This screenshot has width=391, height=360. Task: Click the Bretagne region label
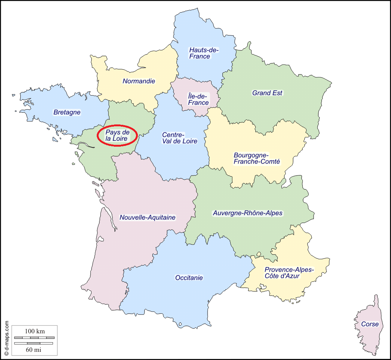pyautogui.click(x=67, y=112)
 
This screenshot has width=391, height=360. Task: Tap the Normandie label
pyautogui.click(x=139, y=81)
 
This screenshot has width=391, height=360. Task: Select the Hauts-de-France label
pyautogui.click(x=204, y=53)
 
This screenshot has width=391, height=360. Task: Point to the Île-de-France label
pyautogui.click(x=198, y=100)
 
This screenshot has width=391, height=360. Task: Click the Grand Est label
pyautogui.click(x=267, y=93)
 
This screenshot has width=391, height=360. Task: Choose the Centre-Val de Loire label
pyautogui.click(x=179, y=138)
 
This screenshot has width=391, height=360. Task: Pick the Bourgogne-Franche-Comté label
pyautogui.click(x=256, y=158)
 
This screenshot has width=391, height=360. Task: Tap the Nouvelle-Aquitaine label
pyautogui.click(x=148, y=217)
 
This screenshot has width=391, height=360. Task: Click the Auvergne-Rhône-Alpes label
pyautogui.click(x=248, y=213)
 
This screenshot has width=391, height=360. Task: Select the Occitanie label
pyautogui.click(x=189, y=277)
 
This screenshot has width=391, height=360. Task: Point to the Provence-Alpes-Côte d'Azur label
pyautogui.click(x=289, y=273)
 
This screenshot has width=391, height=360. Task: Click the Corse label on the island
pyautogui.click(x=370, y=324)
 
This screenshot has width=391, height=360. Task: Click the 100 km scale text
pyautogui.click(x=35, y=331)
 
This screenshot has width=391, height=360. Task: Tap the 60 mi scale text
pyautogui.click(x=34, y=349)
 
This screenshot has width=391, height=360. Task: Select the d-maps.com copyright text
pyautogui.click(x=6, y=338)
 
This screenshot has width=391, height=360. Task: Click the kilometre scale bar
pyautogui.click(x=34, y=337)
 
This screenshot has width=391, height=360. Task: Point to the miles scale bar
pyautogui.click(x=34, y=343)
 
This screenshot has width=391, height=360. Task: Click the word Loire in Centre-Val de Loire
pyautogui.click(x=189, y=141)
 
